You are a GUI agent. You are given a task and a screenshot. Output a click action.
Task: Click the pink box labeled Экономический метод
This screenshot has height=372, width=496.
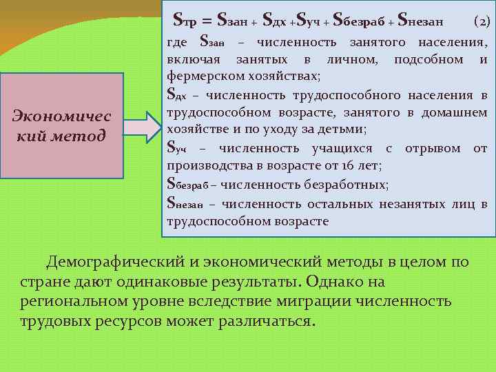tap(61, 125)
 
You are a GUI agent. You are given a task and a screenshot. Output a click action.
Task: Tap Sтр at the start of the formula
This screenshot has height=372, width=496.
tap(188, 21)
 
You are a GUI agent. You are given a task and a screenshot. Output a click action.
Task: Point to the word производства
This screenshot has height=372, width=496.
tap(206, 166)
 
